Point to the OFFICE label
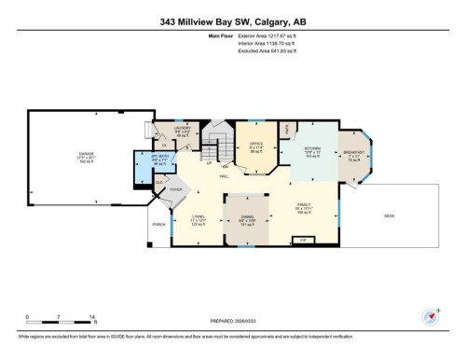(x=254, y=145)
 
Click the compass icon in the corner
(x=432, y=315)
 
